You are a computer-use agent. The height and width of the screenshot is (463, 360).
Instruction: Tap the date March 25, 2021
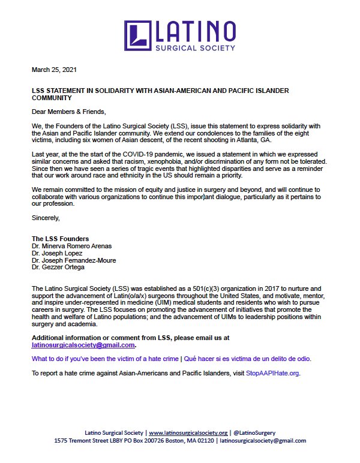(x=53, y=70)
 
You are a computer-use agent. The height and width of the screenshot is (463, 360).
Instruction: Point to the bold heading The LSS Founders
(x=60, y=239)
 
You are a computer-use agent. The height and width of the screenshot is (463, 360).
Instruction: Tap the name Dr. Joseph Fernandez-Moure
(x=74, y=260)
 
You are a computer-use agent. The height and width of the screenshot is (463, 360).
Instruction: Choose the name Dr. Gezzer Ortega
(x=58, y=267)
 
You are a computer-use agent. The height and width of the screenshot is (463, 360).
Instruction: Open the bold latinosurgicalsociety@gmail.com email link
(x=83, y=345)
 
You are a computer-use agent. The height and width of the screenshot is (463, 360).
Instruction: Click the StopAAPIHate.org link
(x=272, y=373)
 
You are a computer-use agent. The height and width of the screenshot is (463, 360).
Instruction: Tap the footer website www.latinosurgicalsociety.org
(x=188, y=432)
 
